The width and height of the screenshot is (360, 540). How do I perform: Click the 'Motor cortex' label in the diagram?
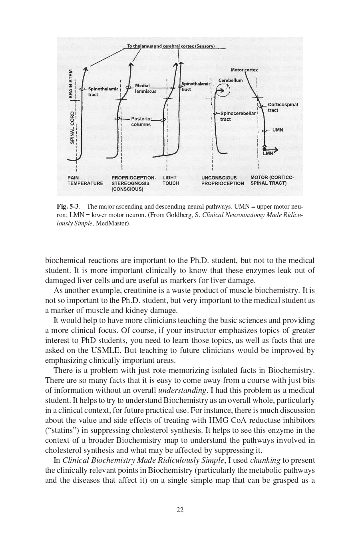[244, 70]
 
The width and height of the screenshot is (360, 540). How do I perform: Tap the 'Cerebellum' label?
[231, 80]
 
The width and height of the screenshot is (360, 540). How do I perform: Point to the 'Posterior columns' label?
[141, 122]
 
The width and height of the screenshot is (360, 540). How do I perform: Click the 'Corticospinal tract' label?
[282, 108]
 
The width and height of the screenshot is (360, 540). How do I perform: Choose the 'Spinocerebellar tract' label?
[238, 116]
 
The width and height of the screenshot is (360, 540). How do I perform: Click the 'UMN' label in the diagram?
[278, 130]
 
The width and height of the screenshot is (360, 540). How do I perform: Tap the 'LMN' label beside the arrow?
[268, 153]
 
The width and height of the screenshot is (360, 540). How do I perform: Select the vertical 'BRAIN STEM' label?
[71, 84]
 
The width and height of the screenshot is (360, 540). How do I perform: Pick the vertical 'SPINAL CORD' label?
[72, 127]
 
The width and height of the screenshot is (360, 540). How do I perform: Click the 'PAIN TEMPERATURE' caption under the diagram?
[85, 180]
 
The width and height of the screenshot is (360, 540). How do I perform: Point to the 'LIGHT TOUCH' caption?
[171, 180]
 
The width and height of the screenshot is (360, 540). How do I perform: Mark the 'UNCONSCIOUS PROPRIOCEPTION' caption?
[223, 180]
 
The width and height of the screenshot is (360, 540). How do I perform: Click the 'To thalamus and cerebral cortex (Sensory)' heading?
[171, 46]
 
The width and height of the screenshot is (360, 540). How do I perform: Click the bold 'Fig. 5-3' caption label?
[68, 207]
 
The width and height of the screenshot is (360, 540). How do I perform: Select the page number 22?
[180, 510]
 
